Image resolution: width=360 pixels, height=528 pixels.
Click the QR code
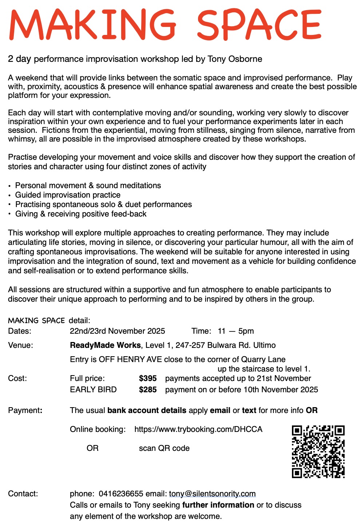pos(318,451)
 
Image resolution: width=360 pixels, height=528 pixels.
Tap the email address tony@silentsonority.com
pos(212,494)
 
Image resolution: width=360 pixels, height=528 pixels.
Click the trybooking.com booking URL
pos(198,429)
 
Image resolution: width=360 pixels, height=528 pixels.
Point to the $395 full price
pos(148,378)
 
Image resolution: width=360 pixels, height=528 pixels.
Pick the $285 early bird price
pos(148,390)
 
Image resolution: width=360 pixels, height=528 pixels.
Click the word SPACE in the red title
pos(259,25)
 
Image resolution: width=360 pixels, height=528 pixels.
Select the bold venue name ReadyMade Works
pos(105,345)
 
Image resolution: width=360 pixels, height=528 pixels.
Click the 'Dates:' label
pos(20,331)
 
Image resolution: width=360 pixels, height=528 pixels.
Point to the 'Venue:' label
pos(20,345)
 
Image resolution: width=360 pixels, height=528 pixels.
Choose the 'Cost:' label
pos(17,378)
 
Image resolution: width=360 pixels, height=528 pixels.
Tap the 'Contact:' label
pos(23,494)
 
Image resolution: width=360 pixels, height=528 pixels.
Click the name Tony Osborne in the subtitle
pos(235,59)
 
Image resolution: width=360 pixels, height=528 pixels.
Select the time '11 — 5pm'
pos(236,331)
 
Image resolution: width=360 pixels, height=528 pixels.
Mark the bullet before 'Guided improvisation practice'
pos(10,195)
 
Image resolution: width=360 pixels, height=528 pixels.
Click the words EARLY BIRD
pos(93,390)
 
